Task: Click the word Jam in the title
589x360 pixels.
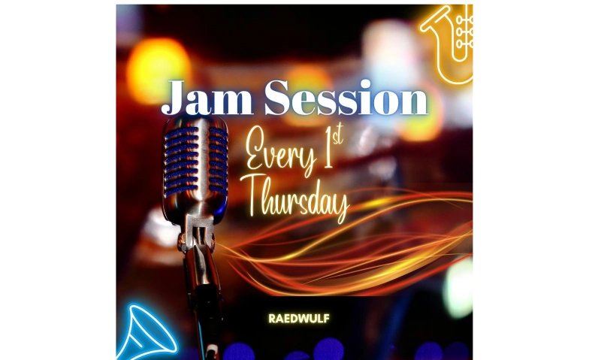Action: click(207, 98)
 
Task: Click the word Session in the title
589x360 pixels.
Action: click(346, 98)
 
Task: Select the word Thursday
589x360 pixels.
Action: click(296, 199)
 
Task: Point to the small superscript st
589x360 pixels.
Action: click(338, 137)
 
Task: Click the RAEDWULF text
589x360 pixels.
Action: click(299, 319)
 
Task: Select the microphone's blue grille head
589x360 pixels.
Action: click(195, 162)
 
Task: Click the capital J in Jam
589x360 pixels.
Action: click(173, 98)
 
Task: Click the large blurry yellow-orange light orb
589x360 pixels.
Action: click(158, 69)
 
